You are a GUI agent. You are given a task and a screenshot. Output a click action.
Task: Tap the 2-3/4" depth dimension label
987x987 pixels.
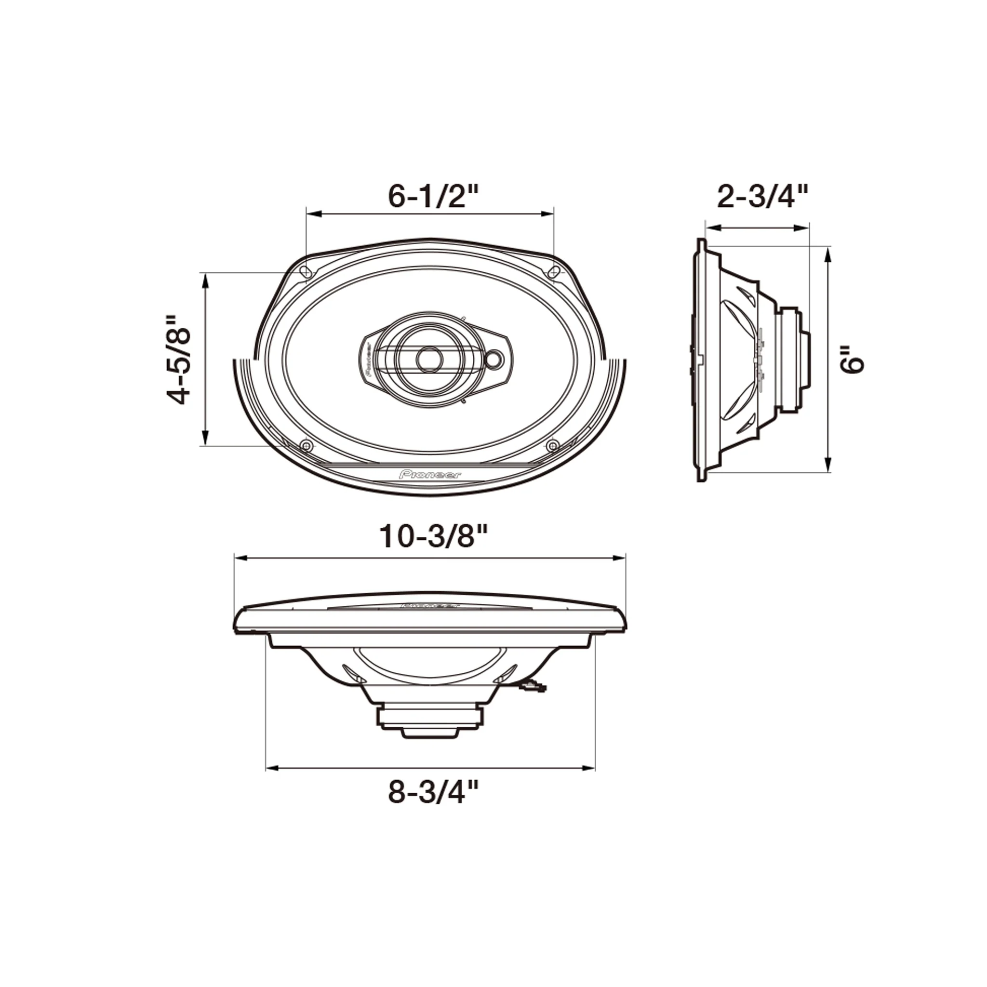click(x=763, y=197)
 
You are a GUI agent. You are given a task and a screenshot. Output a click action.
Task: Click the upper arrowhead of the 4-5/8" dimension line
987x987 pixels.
click(x=205, y=279)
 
